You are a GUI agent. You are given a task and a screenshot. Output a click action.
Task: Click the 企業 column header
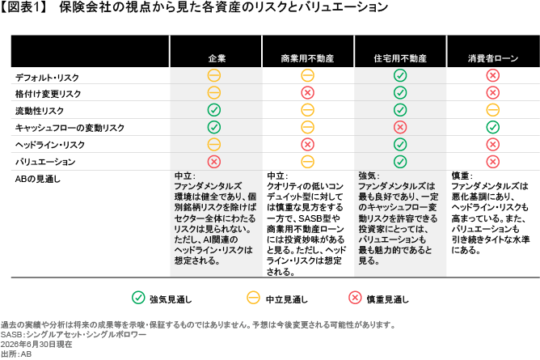pyautogui.click(x=217, y=58)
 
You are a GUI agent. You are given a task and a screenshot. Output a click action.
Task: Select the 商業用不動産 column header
pyautogui.click(x=307, y=58)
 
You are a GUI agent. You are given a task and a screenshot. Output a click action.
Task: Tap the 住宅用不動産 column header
pyautogui.click(x=400, y=58)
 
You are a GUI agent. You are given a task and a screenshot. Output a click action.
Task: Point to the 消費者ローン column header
pyautogui.click(x=493, y=58)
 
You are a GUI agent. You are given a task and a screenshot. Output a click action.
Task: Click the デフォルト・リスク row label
pyautogui.click(x=47, y=78)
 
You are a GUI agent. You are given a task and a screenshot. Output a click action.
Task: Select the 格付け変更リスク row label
pyautogui.click(x=48, y=94)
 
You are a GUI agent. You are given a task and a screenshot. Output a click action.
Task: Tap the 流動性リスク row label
pyautogui.click(x=40, y=111)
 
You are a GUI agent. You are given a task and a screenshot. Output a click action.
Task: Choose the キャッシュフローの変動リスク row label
pyautogui.click(x=70, y=128)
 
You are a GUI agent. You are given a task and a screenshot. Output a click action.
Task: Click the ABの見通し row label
pyautogui.click(x=37, y=179)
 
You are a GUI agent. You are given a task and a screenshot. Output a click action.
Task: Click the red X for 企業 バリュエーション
pyautogui.click(x=214, y=162)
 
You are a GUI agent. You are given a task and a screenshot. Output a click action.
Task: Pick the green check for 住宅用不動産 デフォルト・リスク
pyautogui.click(x=400, y=75)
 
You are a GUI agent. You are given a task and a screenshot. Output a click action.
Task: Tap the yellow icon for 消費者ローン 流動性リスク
pyautogui.click(x=493, y=110)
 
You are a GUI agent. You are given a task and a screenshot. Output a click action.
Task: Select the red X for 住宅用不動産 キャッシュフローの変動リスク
pyautogui.click(x=400, y=127)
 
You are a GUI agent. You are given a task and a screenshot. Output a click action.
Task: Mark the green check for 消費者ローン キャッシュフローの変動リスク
pyautogui.click(x=493, y=127)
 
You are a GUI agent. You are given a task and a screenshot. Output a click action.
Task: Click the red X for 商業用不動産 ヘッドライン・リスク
pyautogui.click(x=307, y=144)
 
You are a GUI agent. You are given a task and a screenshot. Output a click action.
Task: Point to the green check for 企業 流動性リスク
pyautogui.click(x=214, y=110)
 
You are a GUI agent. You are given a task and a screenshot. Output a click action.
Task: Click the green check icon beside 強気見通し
pyautogui.click(x=138, y=298)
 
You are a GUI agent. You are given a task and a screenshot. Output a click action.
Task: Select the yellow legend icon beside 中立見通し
pyautogui.click(x=254, y=298)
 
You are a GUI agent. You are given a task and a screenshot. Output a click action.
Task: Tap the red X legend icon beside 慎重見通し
pyautogui.click(x=355, y=298)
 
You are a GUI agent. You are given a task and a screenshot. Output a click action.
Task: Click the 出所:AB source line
pyautogui.click(x=16, y=354)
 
